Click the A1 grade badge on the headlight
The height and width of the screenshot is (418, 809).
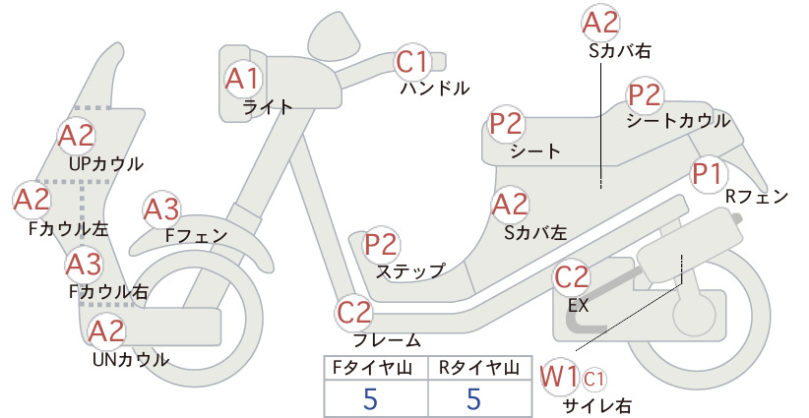click(x=242, y=79)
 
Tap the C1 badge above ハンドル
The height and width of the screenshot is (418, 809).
click(x=412, y=61)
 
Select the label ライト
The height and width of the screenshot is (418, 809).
click(x=268, y=107)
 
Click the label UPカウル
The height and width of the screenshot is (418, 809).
click(x=105, y=164)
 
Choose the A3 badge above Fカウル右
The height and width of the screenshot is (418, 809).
click(x=84, y=265)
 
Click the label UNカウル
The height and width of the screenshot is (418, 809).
click(x=131, y=359)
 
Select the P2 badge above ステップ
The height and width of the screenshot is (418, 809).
click(x=381, y=245)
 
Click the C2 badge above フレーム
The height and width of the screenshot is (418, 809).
click(x=354, y=313)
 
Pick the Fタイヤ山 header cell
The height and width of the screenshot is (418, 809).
click(x=376, y=368)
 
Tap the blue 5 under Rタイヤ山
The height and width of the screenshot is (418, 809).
click(x=473, y=398)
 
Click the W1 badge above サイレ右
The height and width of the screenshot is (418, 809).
click(x=560, y=377)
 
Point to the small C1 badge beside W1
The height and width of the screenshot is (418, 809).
click(x=593, y=380)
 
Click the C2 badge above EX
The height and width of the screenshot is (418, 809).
click(x=571, y=277)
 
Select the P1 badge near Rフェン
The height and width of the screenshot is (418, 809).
click(x=708, y=175)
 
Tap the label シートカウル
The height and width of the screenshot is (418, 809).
click(x=678, y=121)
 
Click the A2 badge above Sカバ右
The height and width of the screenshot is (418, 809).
click(x=600, y=24)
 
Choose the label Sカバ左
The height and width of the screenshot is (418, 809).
click(x=536, y=233)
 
